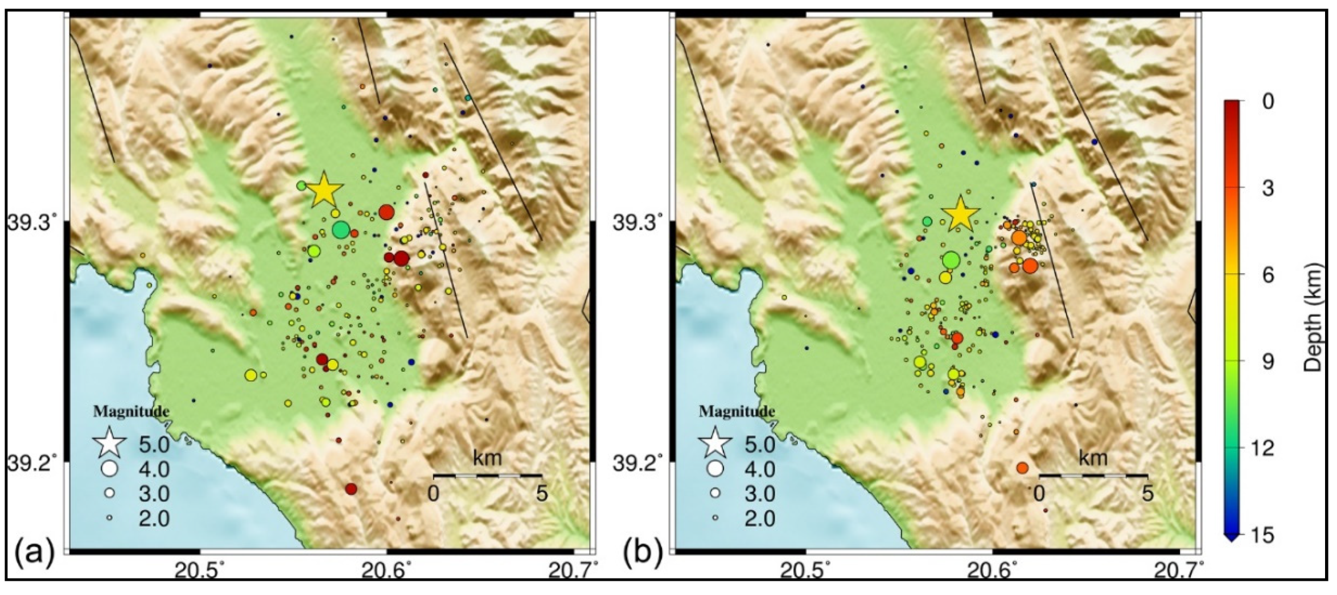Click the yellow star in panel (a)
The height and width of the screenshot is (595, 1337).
(x=323, y=189)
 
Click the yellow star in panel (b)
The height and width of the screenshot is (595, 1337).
(x=960, y=214)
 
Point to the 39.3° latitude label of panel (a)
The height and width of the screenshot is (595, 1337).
(x=32, y=222)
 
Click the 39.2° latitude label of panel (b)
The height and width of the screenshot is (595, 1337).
(x=639, y=464)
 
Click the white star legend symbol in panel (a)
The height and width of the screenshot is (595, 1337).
(x=110, y=443)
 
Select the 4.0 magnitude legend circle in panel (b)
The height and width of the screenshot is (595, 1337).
(x=715, y=468)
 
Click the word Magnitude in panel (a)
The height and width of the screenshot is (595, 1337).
(x=131, y=411)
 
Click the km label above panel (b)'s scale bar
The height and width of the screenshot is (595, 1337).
(x=1093, y=458)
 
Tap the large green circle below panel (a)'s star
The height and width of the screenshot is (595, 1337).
(x=340, y=230)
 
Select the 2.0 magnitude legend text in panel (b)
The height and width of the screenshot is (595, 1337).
(x=760, y=519)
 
